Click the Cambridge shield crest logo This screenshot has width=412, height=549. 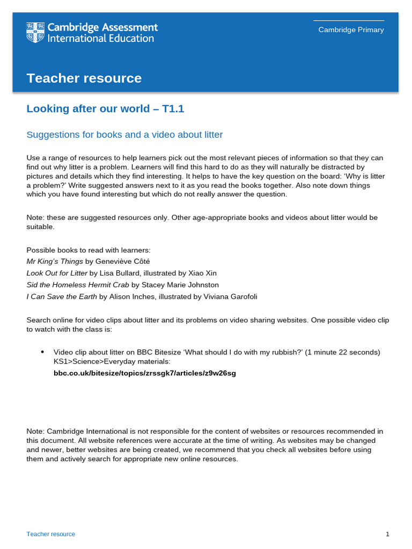pyautogui.click(x=35, y=33)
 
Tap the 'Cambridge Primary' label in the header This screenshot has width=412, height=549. pyautogui.click(x=351, y=30)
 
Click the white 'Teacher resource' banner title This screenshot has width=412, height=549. pyautogui.click(x=84, y=78)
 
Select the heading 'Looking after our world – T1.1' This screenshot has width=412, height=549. pyautogui.click(x=105, y=109)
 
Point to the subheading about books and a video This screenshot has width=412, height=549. pyautogui.click(x=124, y=135)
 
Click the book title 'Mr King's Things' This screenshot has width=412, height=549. pyautogui.click(x=55, y=261)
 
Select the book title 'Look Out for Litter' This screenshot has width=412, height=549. pyautogui.click(x=57, y=273)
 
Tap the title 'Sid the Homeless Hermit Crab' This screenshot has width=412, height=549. pyautogui.click(x=78, y=285)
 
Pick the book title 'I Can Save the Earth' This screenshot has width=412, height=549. pyautogui.click(x=62, y=296)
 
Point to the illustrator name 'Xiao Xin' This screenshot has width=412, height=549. pyautogui.click(x=203, y=273)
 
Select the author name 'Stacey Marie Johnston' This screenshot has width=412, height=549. pyautogui.click(x=180, y=285)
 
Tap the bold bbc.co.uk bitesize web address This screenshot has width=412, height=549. pyautogui.click(x=144, y=373)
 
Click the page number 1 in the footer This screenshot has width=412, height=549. pyautogui.click(x=387, y=534)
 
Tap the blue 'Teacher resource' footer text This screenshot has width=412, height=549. pyautogui.click(x=51, y=534)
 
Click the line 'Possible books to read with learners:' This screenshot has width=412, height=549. pyautogui.click(x=89, y=250)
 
